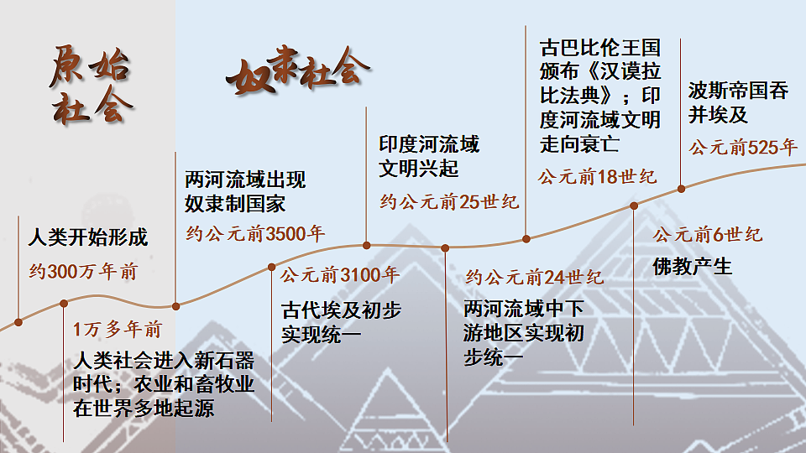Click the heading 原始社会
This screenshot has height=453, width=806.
91,86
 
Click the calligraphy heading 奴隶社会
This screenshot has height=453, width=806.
297,70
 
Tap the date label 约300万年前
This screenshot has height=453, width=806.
83,271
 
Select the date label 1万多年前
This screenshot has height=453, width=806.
118,329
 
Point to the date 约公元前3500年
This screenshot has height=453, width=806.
255,234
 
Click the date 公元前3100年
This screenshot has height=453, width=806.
340,275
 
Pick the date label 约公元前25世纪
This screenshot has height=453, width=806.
449,202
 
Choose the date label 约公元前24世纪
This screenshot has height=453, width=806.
535,278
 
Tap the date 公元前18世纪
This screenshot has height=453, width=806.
597,177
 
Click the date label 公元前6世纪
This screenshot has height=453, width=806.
708,235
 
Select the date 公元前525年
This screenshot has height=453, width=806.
743,148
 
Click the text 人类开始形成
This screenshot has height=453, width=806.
88,237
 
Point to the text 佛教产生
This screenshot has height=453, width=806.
693,267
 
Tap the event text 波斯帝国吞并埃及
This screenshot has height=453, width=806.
738,102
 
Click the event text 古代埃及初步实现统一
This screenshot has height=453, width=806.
342,322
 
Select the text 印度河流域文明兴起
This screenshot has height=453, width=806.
429,156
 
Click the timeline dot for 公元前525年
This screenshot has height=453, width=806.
681,189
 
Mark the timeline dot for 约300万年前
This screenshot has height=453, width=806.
18,322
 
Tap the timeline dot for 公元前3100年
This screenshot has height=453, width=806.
271,267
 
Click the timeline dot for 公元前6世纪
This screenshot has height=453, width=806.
634,206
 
